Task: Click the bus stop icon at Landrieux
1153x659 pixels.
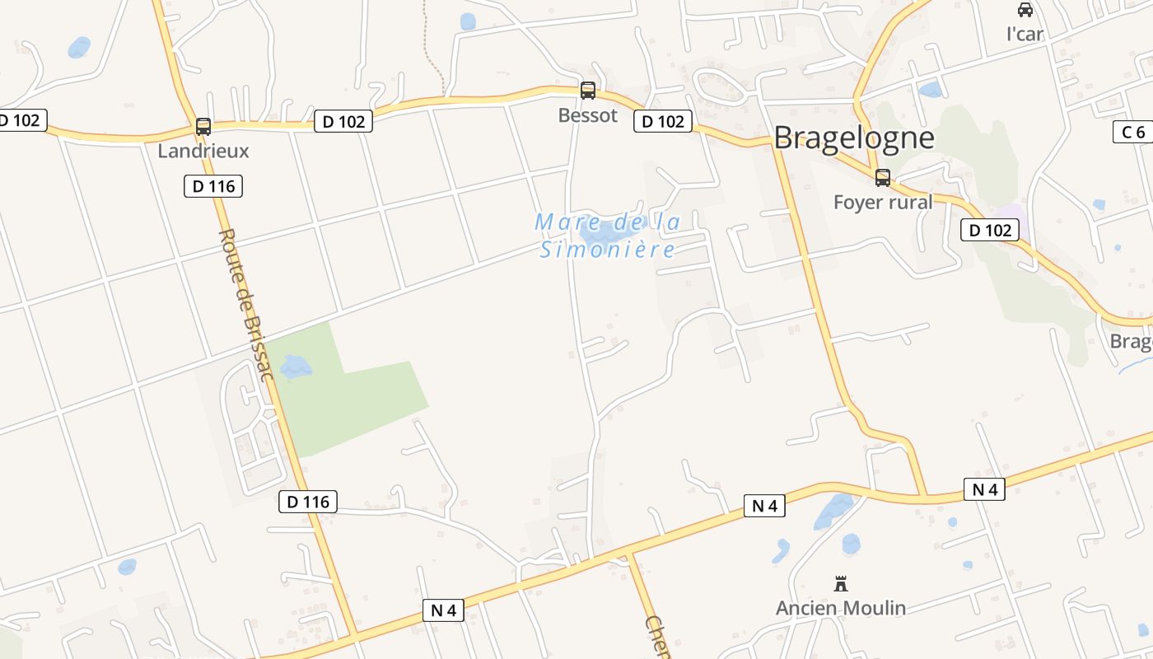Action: (203, 127)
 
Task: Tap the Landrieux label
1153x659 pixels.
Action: (203, 151)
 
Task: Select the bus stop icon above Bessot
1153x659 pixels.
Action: (588, 91)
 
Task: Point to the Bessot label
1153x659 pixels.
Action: (588, 115)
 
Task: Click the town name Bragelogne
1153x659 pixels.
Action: (854, 138)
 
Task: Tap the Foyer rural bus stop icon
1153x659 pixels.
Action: (883, 178)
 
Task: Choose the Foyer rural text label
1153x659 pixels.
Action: (883, 202)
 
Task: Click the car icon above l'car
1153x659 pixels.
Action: (1025, 10)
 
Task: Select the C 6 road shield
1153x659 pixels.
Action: (1133, 132)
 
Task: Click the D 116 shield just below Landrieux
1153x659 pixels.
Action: (213, 186)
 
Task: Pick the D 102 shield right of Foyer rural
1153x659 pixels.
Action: (990, 230)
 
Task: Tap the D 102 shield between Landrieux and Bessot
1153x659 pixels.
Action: (343, 122)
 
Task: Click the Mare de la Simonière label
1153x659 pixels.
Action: (608, 236)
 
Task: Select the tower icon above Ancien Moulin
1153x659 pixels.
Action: (841, 584)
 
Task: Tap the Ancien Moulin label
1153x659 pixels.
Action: (841, 609)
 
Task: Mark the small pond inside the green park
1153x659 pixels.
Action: (296, 366)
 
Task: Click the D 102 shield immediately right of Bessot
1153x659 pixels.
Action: (663, 122)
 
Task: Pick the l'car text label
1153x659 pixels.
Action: (1025, 34)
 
